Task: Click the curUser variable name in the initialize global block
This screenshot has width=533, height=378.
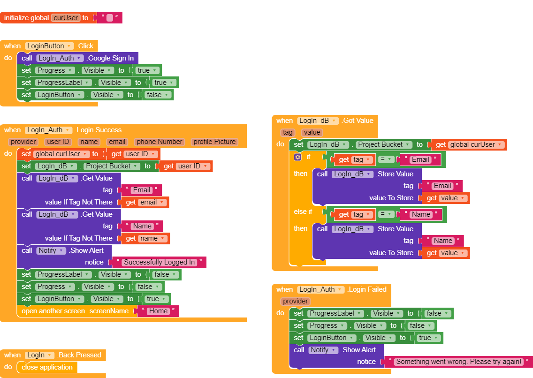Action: coord(65,18)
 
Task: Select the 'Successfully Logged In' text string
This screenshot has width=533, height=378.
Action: coord(159,262)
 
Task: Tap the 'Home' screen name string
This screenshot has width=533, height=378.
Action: coord(158,311)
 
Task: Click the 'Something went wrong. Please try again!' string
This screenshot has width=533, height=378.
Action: coord(458,362)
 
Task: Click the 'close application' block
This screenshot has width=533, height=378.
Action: coord(47,367)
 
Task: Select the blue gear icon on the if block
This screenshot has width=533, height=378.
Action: coord(297,157)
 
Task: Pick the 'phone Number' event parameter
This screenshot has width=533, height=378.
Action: coord(160,142)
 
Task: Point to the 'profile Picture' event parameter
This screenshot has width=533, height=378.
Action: coord(214,142)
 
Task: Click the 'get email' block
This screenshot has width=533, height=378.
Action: coord(146,202)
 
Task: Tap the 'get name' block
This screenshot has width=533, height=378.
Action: coord(146,238)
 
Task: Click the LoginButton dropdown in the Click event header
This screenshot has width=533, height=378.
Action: coord(49,46)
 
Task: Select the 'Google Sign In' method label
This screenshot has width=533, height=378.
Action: coord(111,58)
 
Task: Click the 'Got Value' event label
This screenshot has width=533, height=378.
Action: coord(358,121)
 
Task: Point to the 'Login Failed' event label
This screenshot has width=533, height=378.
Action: coord(367,289)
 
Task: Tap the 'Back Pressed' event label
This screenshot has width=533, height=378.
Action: coord(80,355)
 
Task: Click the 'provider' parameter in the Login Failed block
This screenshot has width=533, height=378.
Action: coord(296,301)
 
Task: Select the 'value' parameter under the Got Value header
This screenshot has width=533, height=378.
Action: coord(312,132)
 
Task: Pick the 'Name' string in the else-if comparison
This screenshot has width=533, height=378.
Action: coord(421,214)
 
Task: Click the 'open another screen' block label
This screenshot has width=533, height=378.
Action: coord(53,311)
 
